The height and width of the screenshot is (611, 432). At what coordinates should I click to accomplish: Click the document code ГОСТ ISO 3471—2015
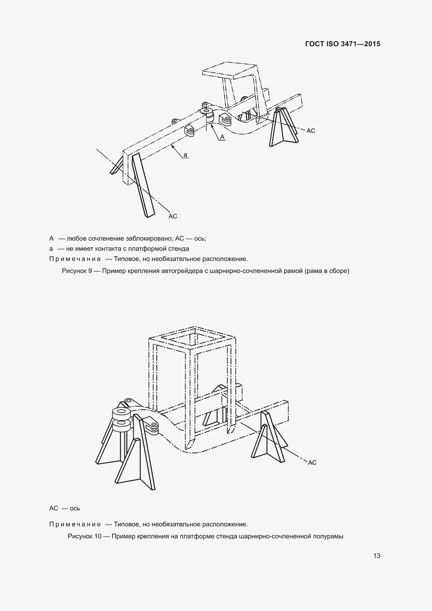(x=343, y=44)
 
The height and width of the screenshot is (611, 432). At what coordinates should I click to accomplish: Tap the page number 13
(x=377, y=556)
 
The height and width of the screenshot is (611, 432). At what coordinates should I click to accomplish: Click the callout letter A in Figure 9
(x=222, y=137)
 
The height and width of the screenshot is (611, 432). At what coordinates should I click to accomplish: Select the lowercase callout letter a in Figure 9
(x=185, y=155)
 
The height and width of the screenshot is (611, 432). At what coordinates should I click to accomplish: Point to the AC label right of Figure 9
(x=311, y=131)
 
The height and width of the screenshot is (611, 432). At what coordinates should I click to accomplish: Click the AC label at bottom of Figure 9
(x=173, y=216)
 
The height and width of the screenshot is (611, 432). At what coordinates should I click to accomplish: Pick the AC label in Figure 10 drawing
(x=312, y=463)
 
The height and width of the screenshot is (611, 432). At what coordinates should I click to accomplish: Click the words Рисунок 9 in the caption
(x=77, y=271)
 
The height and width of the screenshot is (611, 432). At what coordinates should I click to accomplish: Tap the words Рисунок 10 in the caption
(x=85, y=536)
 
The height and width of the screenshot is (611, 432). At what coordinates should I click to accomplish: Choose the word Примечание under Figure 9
(x=75, y=259)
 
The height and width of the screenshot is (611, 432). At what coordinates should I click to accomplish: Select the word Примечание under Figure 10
(x=75, y=524)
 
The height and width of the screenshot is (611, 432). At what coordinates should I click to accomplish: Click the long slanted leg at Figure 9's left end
(x=143, y=185)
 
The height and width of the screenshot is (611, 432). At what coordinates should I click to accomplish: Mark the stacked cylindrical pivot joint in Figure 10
(x=121, y=421)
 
